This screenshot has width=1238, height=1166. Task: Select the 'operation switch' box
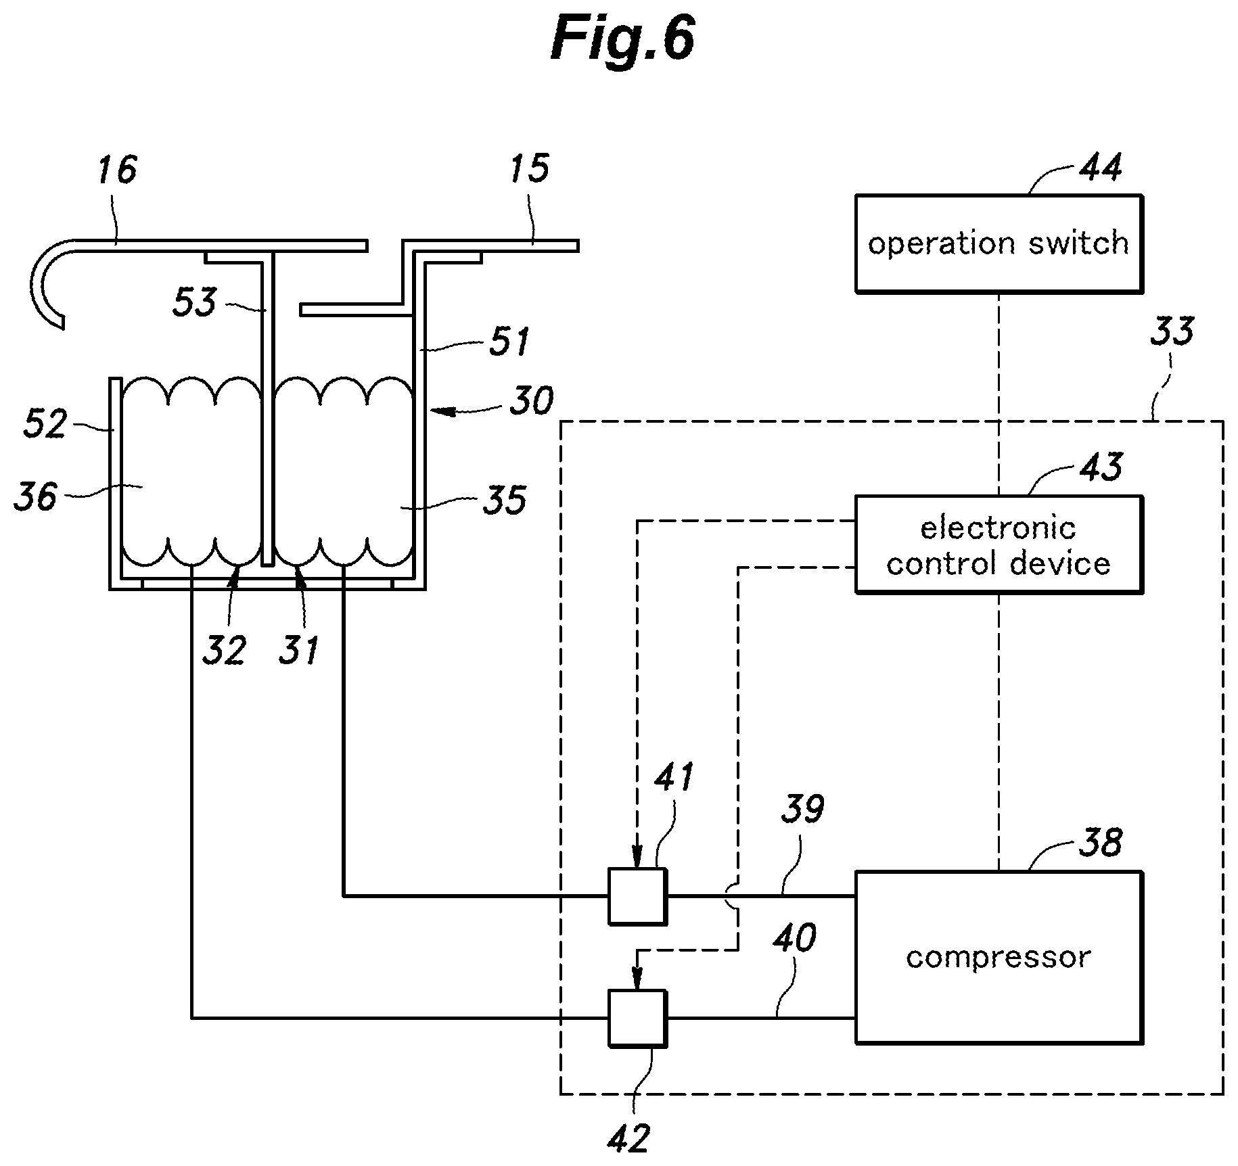point(999,243)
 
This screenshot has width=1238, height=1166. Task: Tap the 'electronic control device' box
point(999,545)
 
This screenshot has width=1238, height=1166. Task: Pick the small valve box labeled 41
point(637,896)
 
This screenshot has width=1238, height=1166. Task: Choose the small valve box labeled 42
point(637,1018)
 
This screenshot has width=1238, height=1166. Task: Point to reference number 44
point(1099,166)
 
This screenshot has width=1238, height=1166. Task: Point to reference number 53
point(194,302)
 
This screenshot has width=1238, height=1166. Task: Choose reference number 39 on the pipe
point(802,809)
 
